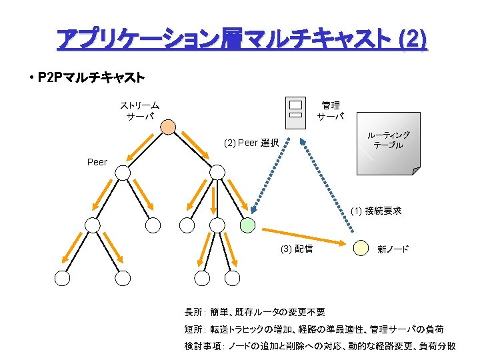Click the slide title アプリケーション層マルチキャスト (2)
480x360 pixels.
(241, 39)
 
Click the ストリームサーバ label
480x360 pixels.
(139, 111)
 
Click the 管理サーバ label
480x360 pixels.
(331, 111)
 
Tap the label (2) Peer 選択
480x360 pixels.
(251, 143)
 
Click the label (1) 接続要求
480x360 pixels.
(376, 211)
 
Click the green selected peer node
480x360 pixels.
(247, 225)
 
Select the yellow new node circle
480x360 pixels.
(361, 247)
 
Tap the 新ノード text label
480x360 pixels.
(393, 249)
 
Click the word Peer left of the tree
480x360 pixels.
(97, 162)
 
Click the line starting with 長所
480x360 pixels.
(255, 312)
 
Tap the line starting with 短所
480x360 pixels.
(313, 329)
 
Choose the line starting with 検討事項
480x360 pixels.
(320, 346)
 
